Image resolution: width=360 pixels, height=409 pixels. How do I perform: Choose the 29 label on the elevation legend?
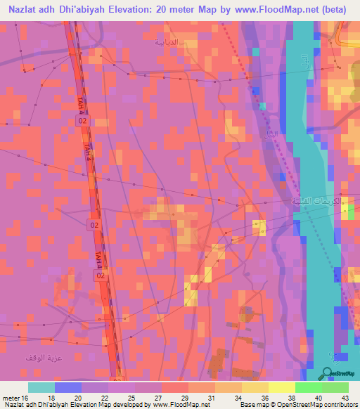click(185, 397)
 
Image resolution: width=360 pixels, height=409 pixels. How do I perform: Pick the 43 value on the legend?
click(344, 397)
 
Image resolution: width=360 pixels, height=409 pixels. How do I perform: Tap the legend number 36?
click(264, 397)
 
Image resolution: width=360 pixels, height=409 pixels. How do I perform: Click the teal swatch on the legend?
click(41, 387)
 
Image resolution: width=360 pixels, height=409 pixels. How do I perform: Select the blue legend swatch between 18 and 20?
click(67, 387)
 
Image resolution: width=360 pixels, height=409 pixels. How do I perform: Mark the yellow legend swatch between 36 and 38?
click(281, 387)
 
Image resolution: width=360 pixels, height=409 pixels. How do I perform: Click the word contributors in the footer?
click(340, 405)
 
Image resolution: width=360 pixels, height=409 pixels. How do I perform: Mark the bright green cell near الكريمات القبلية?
click(350, 214)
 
